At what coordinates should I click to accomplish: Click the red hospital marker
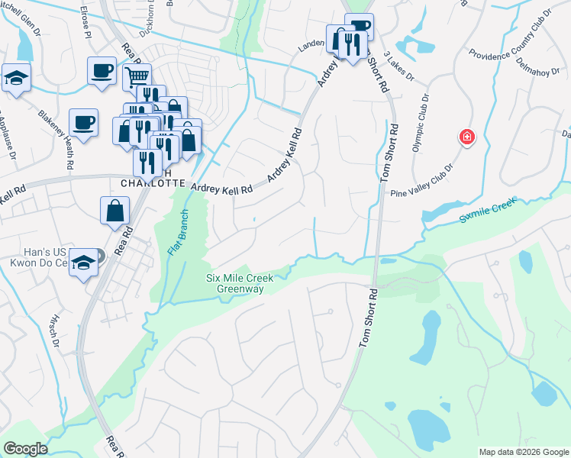[466, 137]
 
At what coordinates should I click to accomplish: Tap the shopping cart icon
[137, 76]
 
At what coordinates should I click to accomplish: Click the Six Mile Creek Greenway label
[240, 283]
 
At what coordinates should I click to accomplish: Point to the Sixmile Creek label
[489, 209]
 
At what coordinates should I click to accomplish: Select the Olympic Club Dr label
[421, 122]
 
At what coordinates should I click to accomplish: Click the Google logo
[26, 448]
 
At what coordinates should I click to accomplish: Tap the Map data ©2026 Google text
[523, 452]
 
